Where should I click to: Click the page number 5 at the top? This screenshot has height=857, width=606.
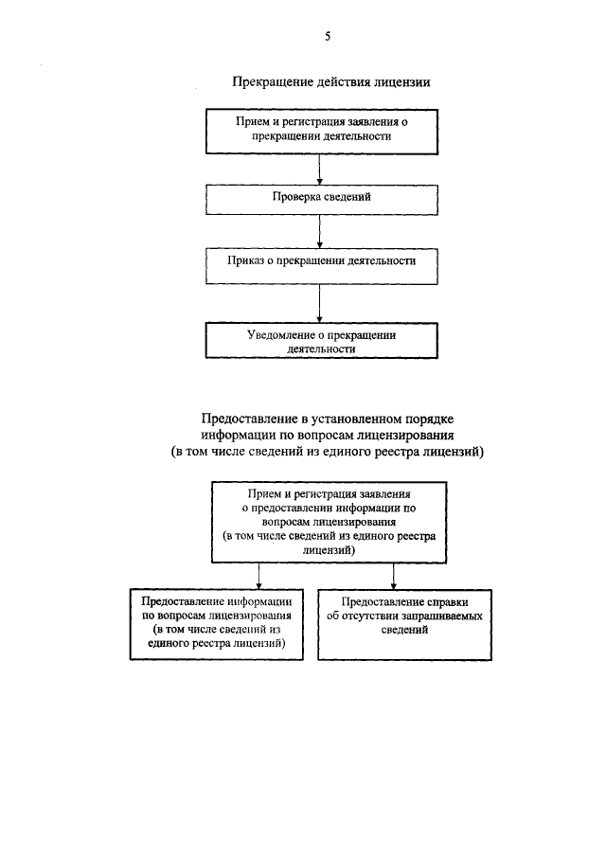(328, 36)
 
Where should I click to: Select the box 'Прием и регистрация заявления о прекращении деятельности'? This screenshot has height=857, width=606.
(322, 130)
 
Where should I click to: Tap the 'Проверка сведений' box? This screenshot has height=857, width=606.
(322, 197)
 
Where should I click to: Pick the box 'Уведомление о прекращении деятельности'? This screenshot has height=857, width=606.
(322, 341)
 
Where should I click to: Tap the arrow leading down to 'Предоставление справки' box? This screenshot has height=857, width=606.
(394, 575)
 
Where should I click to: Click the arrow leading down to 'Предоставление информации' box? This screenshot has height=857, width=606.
(257, 575)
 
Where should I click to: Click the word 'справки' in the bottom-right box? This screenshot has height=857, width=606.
(444, 601)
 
